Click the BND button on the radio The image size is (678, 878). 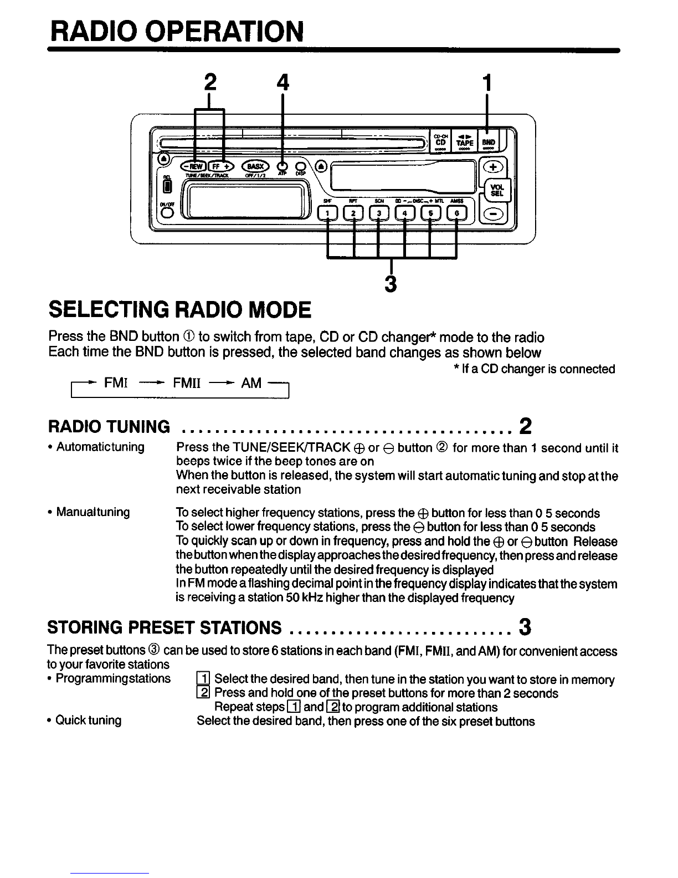pyautogui.click(x=488, y=141)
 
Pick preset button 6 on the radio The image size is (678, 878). pyautogui.click(x=456, y=212)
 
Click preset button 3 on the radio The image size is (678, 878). pyautogui.click(x=379, y=212)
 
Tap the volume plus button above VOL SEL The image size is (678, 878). pyautogui.click(x=492, y=166)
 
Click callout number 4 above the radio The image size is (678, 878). pyautogui.click(x=282, y=83)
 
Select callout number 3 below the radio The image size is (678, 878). pyautogui.click(x=391, y=283)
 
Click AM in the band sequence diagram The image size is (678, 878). pyautogui.click(x=251, y=382)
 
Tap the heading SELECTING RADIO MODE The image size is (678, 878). pyautogui.click(x=179, y=309)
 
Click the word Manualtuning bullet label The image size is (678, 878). pyautogui.click(x=93, y=512)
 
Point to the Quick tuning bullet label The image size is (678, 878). pyautogui.click(x=88, y=721)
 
